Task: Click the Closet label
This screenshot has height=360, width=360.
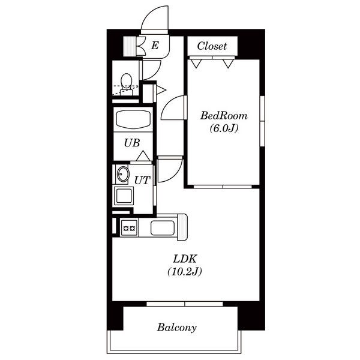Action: pos(212,46)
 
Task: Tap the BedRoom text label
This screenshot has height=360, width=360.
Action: pos(224,115)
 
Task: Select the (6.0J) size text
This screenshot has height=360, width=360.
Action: pos(224,128)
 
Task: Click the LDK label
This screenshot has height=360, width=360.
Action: pos(185,259)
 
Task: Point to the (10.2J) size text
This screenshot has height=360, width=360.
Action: pos(185,272)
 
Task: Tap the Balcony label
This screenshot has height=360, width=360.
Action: pos(177,327)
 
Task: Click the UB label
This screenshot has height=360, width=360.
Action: pos(132,143)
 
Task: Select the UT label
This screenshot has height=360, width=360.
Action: pos(142,180)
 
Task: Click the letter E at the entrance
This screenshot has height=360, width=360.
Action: pos(155,45)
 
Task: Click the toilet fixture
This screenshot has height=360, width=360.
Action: pos(126,84)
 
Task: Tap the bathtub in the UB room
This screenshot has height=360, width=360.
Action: pos(133,120)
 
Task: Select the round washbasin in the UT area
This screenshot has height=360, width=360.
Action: pos(123,174)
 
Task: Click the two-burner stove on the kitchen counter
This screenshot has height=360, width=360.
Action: pos(130,228)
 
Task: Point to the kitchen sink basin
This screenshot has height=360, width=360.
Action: pos(163,228)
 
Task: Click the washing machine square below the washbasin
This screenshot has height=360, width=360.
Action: pos(124,196)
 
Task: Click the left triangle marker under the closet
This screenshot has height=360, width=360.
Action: pos(196,63)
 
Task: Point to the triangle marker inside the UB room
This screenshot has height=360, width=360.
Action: pos(143,156)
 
